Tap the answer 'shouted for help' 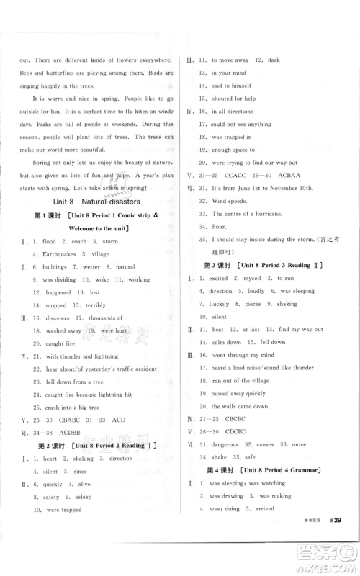(234, 97)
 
